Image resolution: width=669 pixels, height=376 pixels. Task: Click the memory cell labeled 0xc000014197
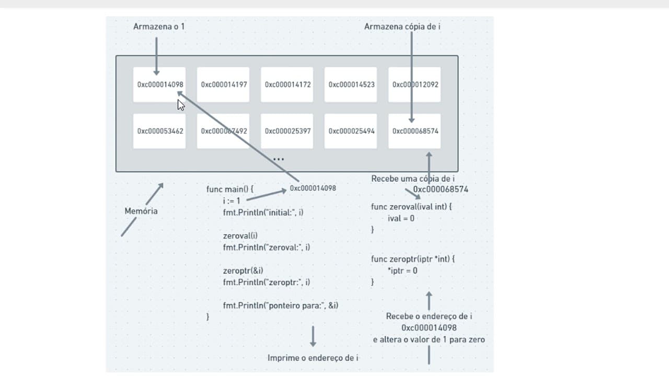[223, 85]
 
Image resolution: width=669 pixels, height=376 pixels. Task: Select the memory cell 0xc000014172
[287, 85]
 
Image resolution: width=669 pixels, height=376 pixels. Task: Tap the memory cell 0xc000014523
[351, 85]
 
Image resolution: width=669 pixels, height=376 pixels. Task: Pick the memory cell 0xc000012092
[414, 85]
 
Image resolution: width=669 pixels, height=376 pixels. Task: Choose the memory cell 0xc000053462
[159, 131]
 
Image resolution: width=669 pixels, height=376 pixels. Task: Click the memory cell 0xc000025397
[287, 131]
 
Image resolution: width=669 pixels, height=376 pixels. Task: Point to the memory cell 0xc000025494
[351, 131]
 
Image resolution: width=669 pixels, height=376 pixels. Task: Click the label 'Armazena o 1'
[159, 27]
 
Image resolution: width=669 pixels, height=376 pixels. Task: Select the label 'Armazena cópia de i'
[402, 27]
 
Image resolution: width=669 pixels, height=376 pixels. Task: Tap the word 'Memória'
[141, 211]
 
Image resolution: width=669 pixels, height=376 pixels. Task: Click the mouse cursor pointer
[181, 105]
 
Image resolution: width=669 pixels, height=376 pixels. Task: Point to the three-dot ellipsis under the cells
[279, 159]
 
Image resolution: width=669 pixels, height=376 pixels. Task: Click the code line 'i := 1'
[232, 201]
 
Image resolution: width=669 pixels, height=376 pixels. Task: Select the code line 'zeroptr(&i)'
[243, 271]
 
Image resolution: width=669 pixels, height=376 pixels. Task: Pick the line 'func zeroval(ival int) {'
[411, 206]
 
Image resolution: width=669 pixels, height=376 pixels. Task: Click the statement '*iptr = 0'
[402, 271]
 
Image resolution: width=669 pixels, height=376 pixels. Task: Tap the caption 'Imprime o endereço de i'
[313, 358]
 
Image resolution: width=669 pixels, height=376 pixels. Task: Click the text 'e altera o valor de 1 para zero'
[429, 339]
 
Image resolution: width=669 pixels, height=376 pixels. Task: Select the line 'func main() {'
[229, 189]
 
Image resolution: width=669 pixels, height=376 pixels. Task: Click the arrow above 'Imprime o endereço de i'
[313, 336]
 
